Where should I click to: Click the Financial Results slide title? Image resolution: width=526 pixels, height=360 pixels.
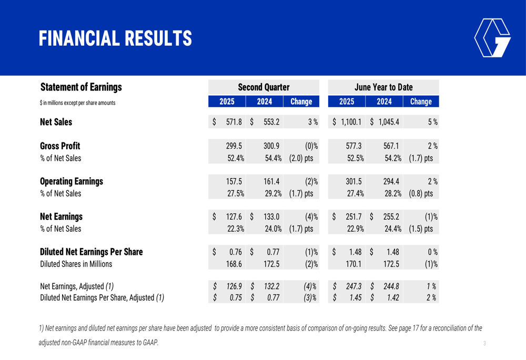116,38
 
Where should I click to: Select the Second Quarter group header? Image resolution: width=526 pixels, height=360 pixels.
264,87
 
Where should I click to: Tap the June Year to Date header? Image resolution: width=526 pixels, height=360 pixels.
383,87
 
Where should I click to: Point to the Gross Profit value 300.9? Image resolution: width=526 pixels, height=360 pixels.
271,147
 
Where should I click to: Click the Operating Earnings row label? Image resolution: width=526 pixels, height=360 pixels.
72,182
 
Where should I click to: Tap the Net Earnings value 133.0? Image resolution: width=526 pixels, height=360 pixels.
271,217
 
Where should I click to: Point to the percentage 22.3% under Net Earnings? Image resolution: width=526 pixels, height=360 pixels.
235,229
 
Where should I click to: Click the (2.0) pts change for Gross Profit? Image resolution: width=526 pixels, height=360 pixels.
301,158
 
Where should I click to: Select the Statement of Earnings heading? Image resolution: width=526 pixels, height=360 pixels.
81,87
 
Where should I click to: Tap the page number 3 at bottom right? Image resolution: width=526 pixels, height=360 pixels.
484,344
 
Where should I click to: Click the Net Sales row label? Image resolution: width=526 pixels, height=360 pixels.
56,122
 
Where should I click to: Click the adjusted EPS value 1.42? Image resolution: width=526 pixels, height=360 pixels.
391,299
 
